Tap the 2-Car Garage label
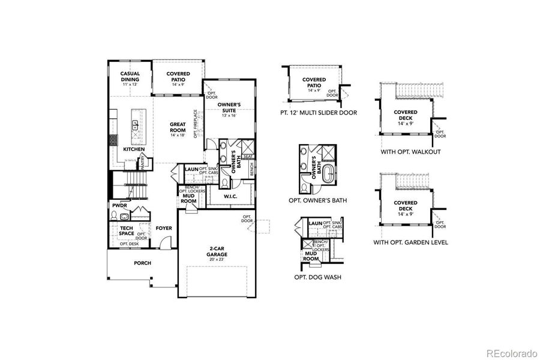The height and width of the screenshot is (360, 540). (x=217, y=251)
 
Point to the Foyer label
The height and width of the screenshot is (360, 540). (x=164, y=228)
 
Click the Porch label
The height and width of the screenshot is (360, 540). (x=142, y=263)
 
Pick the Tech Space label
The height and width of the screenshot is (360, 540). (x=125, y=230)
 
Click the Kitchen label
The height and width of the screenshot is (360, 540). (x=134, y=149)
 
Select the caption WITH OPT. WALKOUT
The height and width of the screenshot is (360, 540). (x=410, y=152)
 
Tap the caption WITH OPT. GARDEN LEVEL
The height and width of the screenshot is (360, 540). (x=410, y=242)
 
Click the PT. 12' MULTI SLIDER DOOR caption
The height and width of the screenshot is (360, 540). (x=318, y=112)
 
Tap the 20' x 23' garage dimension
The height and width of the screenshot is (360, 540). (x=217, y=259)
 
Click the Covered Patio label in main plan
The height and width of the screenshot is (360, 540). (x=178, y=76)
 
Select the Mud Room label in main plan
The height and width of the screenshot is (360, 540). (x=189, y=199)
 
